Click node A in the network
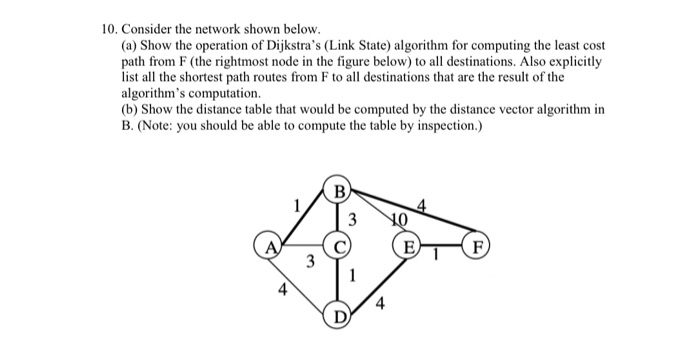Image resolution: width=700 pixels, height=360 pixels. (268, 244)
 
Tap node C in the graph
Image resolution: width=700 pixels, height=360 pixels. (339, 244)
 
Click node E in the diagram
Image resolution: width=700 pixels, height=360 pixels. (407, 245)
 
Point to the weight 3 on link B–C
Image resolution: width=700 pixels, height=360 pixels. (352, 220)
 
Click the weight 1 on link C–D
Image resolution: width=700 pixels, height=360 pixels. (352, 276)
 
